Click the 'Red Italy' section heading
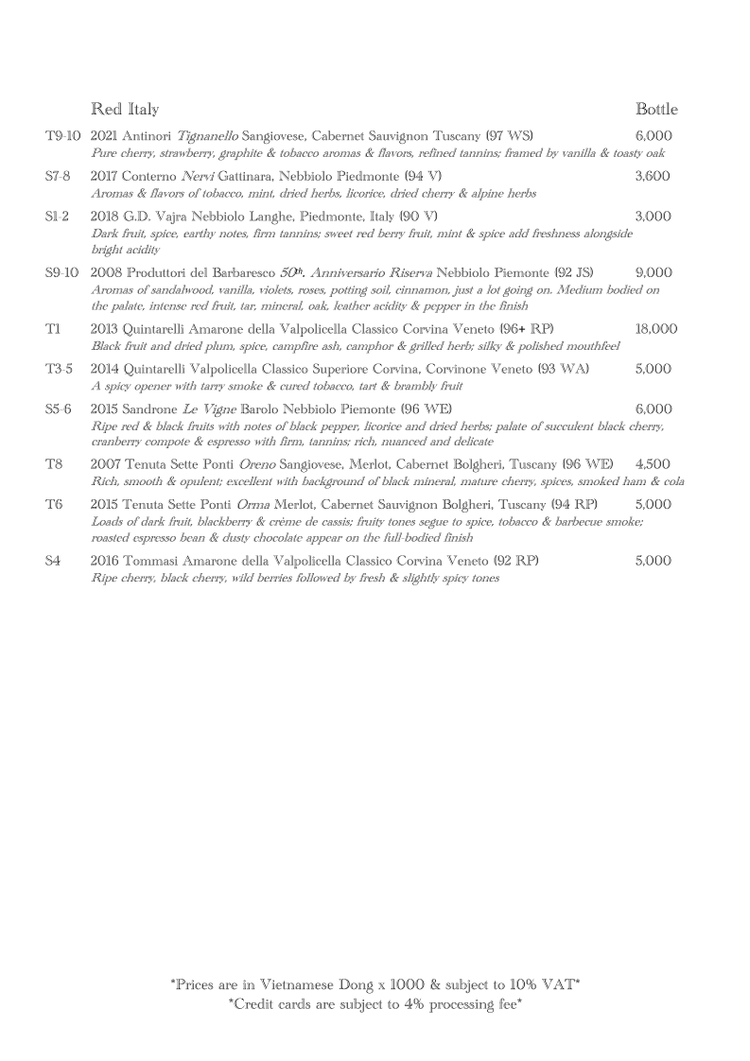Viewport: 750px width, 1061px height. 125,109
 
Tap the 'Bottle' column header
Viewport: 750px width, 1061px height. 656,109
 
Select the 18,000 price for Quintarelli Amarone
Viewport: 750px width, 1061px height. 656,329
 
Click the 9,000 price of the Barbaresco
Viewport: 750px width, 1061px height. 654,272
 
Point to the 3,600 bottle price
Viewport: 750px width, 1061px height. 653,176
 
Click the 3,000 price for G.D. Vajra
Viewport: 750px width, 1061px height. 653,216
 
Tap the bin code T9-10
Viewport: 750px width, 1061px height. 63,136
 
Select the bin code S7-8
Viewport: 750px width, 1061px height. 58,176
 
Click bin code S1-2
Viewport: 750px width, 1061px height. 58,216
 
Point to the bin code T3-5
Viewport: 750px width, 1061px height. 59,369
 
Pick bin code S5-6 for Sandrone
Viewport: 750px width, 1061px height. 59,409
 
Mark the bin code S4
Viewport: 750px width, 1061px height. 53,561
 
